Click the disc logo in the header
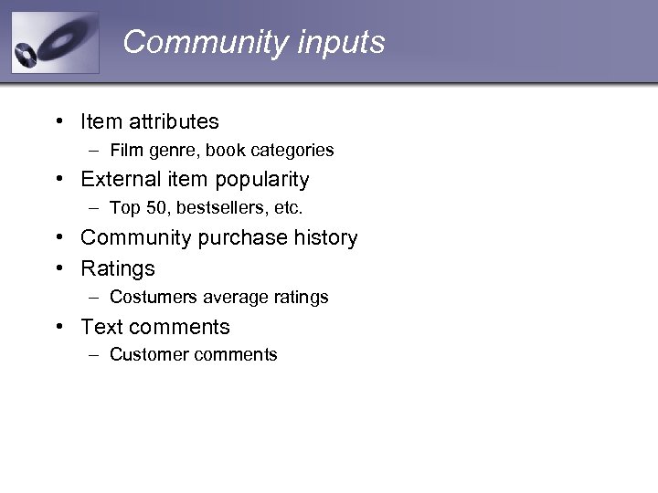tap(54, 43)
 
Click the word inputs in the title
tap(342, 42)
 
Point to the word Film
tap(125, 150)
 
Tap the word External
tap(119, 179)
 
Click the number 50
tap(157, 208)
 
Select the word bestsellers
tap(221, 208)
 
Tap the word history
tap(326, 237)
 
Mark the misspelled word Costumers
tap(153, 297)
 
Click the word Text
tap(101, 327)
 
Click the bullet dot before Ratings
tap(58, 268)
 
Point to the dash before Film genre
tap(95, 150)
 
